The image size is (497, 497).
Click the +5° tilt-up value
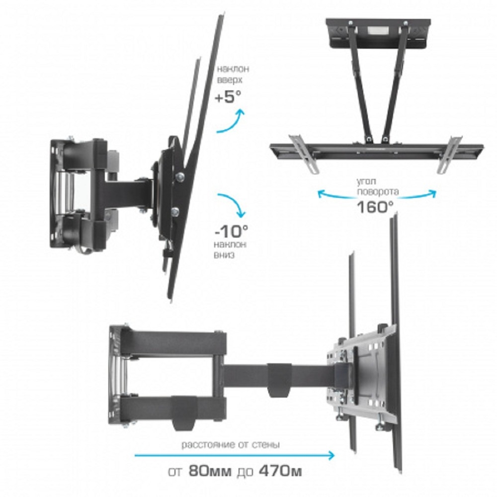pyautogui.click(x=228, y=97)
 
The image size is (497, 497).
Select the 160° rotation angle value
pyautogui.click(x=375, y=207)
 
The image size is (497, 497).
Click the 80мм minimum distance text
pyautogui.click(x=210, y=471)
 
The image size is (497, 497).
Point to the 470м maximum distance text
pyautogui.click(x=280, y=471)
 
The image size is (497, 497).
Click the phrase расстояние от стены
pyautogui.click(x=231, y=445)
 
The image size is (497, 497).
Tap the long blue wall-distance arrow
pyautogui.click(x=235, y=455)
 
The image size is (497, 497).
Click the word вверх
pyautogui.click(x=230, y=80)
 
